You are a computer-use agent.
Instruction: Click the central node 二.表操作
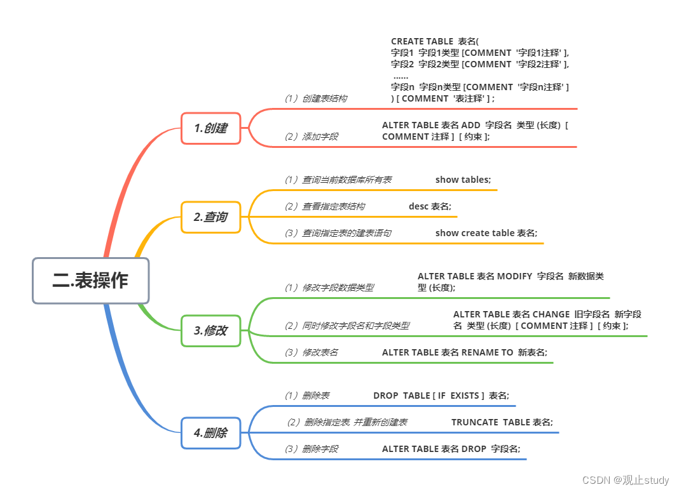[90, 280]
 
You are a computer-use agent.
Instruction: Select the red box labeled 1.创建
[210, 128]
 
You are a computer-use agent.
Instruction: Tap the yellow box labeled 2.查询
[210, 217]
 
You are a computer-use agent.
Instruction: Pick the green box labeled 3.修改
[210, 331]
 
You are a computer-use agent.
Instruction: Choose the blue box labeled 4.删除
[210, 433]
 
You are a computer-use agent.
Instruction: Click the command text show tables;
[463, 180]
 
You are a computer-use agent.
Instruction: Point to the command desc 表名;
[430, 206]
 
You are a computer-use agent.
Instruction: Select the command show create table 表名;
[486, 233]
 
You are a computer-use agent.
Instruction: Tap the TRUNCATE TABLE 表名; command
[502, 422]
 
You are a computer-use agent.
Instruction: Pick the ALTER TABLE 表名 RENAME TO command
[465, 352]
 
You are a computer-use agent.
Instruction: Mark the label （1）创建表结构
[315, 98]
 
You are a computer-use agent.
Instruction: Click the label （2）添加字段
[311, 136]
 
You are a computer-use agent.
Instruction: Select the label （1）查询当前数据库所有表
[338, 180]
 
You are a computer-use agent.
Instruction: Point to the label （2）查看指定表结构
[324, 206]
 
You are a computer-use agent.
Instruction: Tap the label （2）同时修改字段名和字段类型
[346, 326]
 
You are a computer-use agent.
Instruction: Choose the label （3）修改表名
[311, 352]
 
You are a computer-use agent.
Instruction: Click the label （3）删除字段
[311, 449]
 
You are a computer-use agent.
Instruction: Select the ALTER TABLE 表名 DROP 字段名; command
[451, 449]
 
